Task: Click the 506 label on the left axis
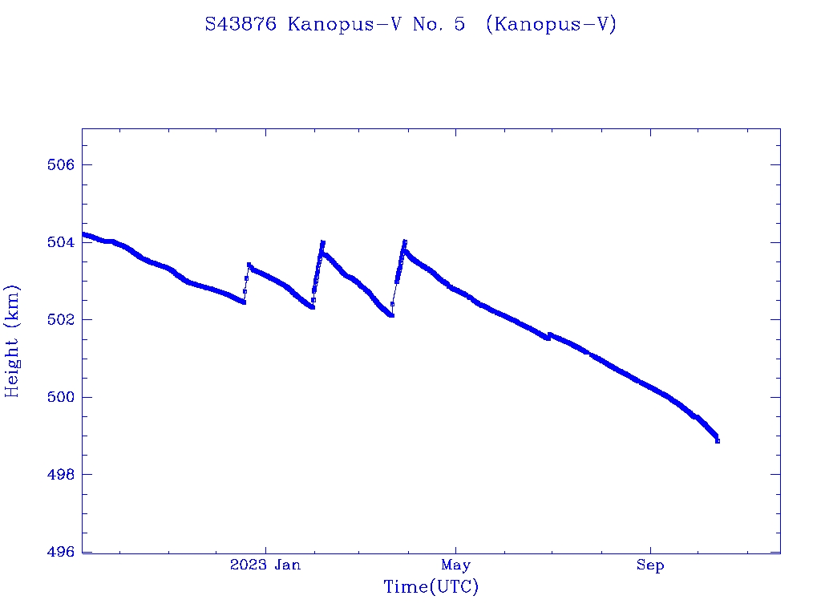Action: (60, 165)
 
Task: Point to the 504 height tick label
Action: (60, 242)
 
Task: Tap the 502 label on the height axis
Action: (60, 320)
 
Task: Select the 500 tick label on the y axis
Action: (60, 397)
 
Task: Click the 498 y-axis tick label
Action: (60, 475)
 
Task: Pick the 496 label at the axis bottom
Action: (60, 552)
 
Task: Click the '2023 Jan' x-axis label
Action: (265, 565)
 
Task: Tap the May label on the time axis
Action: (455, 565)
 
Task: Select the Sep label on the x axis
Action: (650, 565)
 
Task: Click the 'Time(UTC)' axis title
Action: (431, 587)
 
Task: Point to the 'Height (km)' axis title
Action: (13, 341)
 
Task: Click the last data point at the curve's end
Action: (718, 440)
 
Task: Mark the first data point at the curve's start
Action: (83, 233)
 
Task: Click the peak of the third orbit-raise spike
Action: (405, 241)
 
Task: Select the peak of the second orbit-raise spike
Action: (322, 241)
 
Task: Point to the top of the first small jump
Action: (249, 264)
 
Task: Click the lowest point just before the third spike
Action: (391, 315)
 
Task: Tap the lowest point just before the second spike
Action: (312, 307)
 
